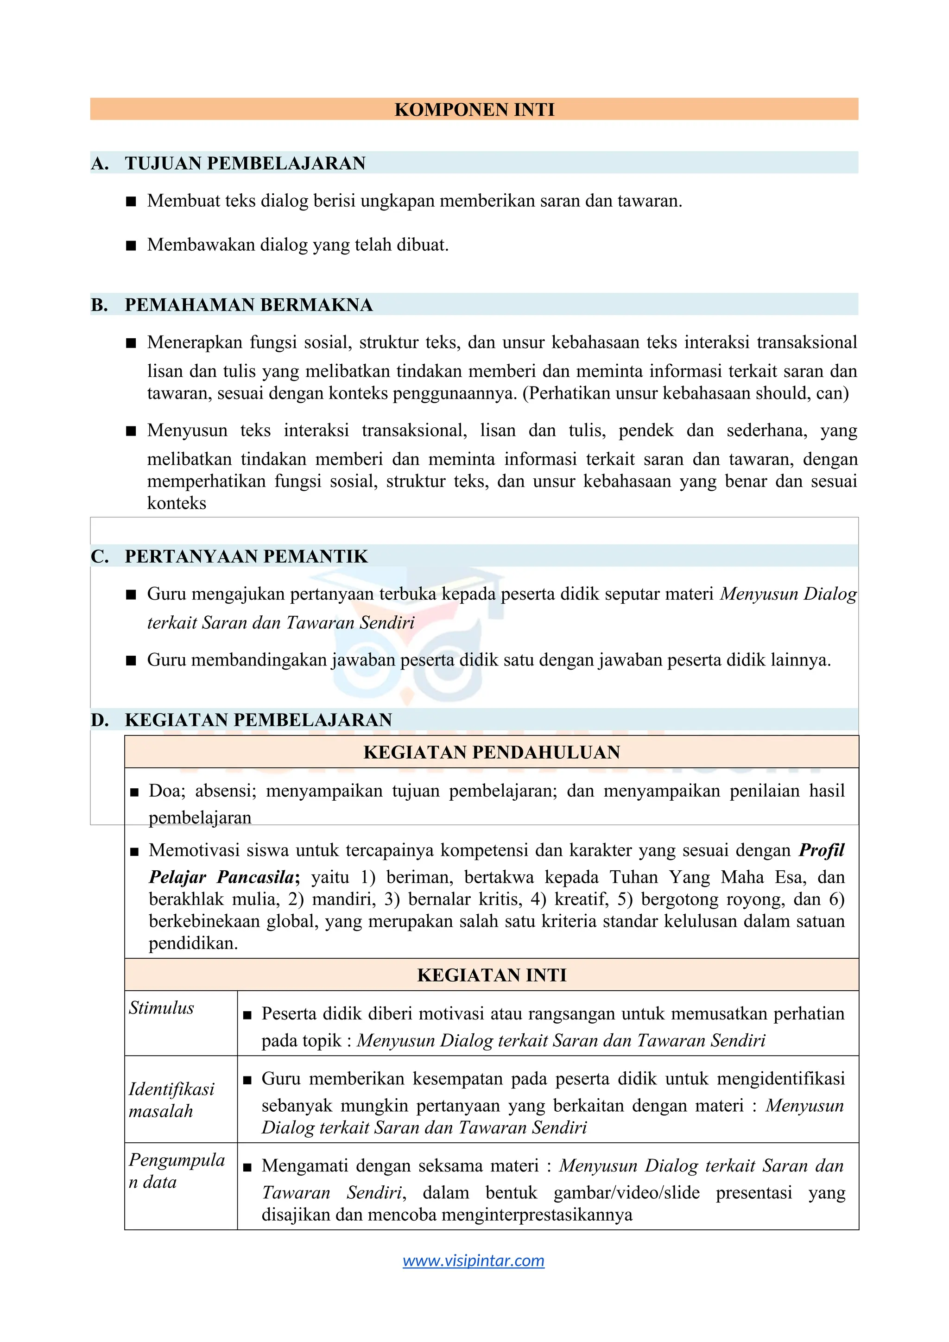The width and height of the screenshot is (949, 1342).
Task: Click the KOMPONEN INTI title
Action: [x=474, y=109]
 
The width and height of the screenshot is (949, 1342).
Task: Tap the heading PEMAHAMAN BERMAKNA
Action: [x=248, y=304]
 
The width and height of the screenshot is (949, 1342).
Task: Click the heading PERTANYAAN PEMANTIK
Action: [x=246, y=556]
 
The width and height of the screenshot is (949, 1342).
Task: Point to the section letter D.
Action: [x=99, y=720]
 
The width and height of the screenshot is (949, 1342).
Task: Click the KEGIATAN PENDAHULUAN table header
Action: [x=492, y=752]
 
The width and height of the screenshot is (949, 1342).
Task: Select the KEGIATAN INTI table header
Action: [x=492, y=975]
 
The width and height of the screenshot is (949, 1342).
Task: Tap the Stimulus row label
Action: [x=161, y=1008]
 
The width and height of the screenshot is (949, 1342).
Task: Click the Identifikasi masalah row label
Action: [x=171, y=1100]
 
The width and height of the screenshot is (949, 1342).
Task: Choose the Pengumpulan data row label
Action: [x=177, y=1171]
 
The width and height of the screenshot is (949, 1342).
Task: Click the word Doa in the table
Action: [x=166, y=791]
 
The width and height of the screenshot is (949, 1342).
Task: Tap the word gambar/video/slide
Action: [x=626, y=1192]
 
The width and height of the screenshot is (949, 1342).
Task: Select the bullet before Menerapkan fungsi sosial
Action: [x=131, y=343]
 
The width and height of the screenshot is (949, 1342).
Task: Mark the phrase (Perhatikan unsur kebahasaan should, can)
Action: [x=685, y=393]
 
